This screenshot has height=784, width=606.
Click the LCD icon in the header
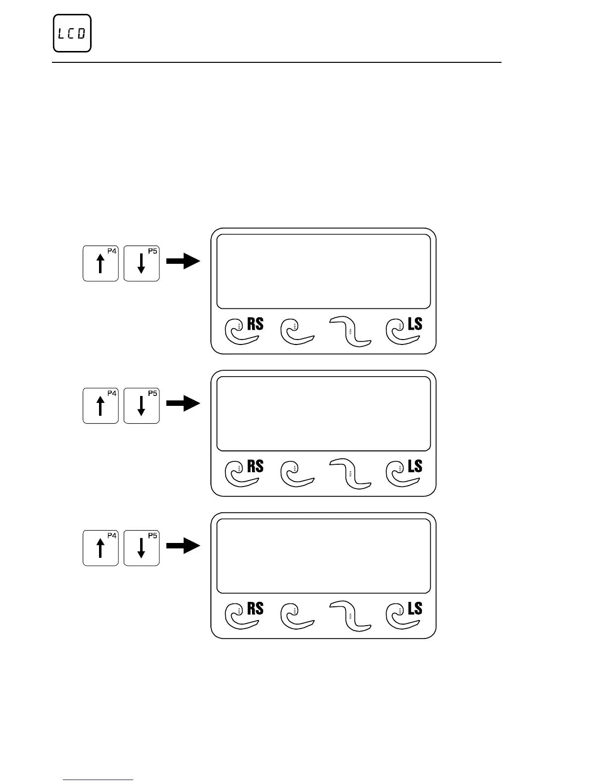click(72, 33)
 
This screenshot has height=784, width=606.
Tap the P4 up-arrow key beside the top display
click(101, 263)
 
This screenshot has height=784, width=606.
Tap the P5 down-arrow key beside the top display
click(142, 263)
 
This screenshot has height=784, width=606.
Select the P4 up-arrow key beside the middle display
click(101, 405)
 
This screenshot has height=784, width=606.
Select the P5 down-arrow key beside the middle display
click(142, 405)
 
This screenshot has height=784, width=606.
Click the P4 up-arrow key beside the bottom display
click(101, 547)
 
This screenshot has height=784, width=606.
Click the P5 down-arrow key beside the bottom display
click(142, 547)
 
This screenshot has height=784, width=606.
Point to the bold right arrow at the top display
click(183, 262)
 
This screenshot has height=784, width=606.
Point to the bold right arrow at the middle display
click(183, 404)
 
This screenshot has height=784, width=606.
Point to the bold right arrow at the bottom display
click(183, 546)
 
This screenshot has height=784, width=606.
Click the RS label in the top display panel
click(255, 324)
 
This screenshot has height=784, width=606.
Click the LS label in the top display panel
click(415, 324)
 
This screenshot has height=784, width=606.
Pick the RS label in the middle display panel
click(255, 466)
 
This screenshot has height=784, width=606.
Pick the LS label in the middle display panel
click(415, 466)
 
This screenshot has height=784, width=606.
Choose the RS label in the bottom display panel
click(255, 608)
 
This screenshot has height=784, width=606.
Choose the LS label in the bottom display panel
click(415, 608)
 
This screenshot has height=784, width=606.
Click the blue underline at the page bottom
click(99, 780)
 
